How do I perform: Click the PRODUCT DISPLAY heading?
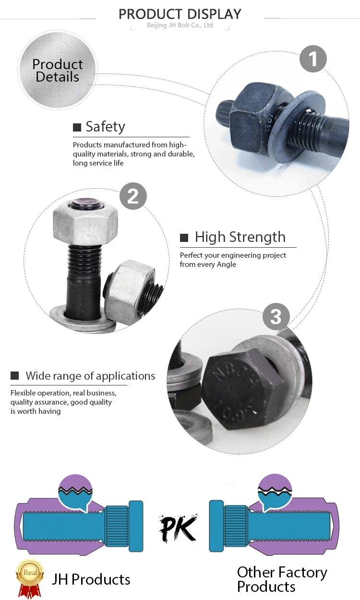point(180,14)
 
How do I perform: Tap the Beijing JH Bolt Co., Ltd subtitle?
point(180,25)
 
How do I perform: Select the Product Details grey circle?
point(57,70)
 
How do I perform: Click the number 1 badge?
point(313,59)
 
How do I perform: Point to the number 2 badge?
point(133,196)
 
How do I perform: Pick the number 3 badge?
point(276,317)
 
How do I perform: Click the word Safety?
point(105,127)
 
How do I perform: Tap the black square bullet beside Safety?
point(77,127)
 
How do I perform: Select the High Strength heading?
point(240,237)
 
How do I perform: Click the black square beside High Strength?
point(184,238)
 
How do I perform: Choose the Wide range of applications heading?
point(90,376)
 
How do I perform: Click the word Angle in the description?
point(227,264)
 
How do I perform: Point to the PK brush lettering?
point(178,528)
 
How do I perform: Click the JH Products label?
point(91,580)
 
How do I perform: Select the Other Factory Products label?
point(282,579)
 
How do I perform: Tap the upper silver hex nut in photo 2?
point(85,223)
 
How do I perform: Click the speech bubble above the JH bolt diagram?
point(75,493)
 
